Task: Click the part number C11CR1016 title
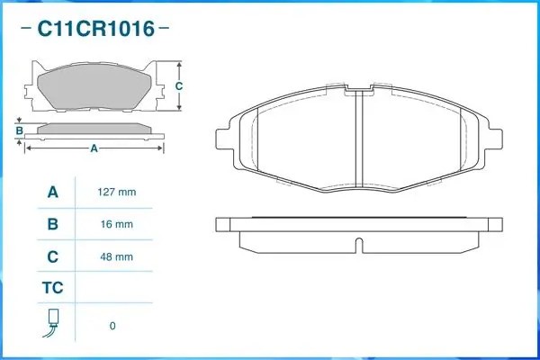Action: click(x=94, y=28)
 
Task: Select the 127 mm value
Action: click(x=116, y=192)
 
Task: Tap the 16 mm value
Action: click(x=116, y=224)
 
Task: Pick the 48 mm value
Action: click(x=116, y=257)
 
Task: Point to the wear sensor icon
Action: click(x=52, y=323)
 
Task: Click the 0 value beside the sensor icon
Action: click(x=112, y=326)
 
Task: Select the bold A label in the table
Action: click(x=52, y=192)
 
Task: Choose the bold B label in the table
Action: click(x=52, y=224)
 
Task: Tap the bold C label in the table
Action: click(x=52, y=257)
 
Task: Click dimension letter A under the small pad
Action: click(x=94, y=149)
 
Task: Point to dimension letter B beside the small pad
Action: click(x=19, y=131)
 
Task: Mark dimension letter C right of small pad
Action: click(x=178, y=86)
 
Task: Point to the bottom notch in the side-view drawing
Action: click(x=358, y=244)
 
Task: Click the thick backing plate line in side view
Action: click(x=358, y=219)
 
